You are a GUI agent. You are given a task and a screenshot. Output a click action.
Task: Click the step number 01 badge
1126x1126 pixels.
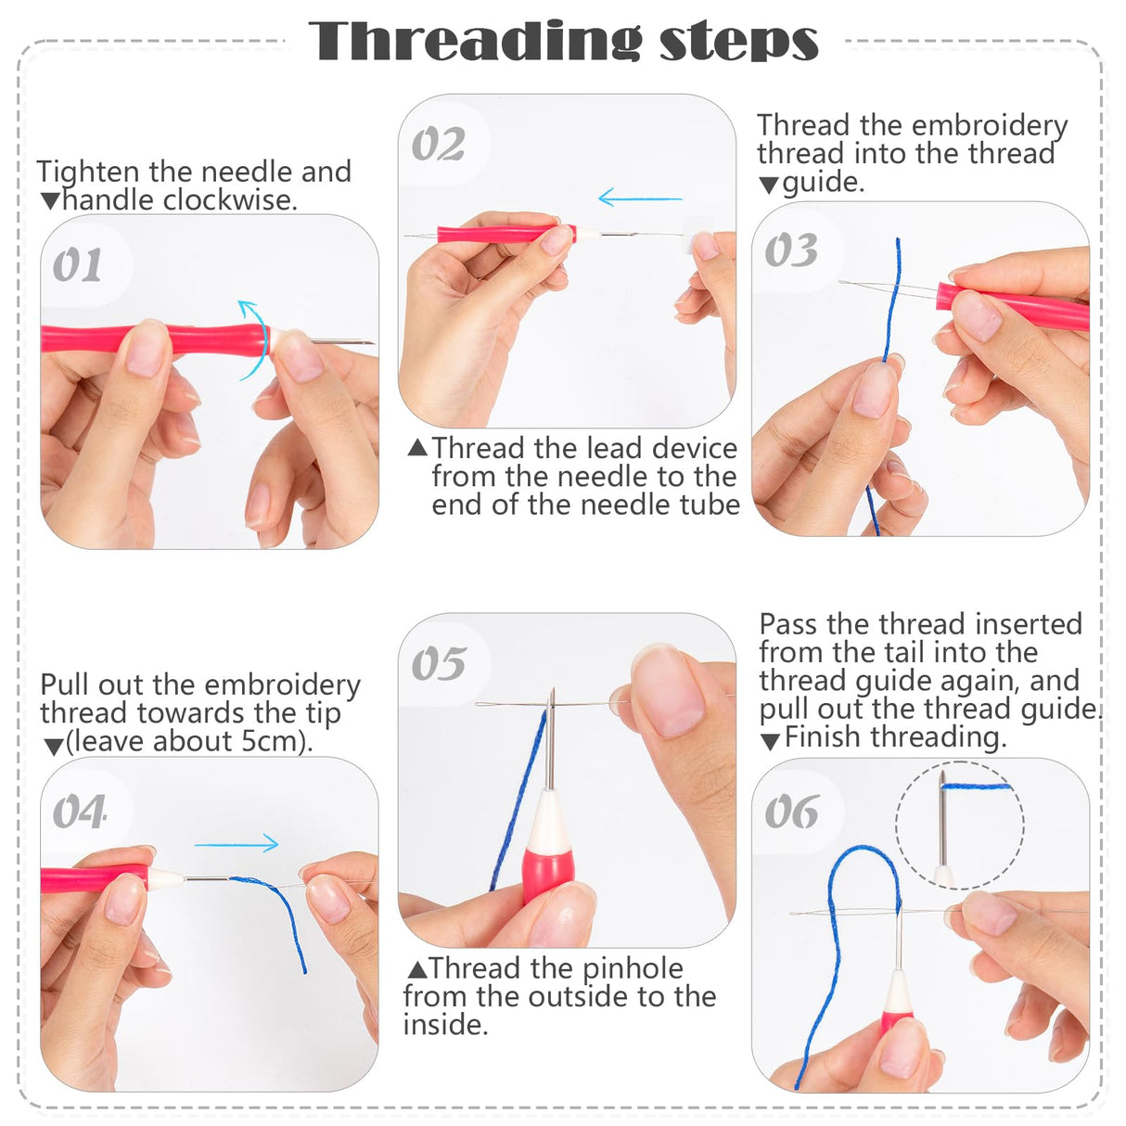78,266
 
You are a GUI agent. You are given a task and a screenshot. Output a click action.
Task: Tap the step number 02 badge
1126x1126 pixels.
438,145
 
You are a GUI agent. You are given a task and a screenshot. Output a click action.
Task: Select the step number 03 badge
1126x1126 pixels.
791,250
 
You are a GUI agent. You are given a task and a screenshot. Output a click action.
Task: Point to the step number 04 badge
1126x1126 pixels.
79,813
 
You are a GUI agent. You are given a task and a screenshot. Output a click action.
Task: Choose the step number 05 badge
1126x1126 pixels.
438,664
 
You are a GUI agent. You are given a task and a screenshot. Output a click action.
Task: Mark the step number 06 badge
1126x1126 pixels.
791,813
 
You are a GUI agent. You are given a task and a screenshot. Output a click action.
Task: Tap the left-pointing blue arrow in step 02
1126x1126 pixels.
640,198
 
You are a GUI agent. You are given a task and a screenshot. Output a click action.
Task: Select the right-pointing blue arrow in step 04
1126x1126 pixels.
237,843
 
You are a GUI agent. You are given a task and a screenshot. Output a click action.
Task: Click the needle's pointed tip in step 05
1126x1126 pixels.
552,692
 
